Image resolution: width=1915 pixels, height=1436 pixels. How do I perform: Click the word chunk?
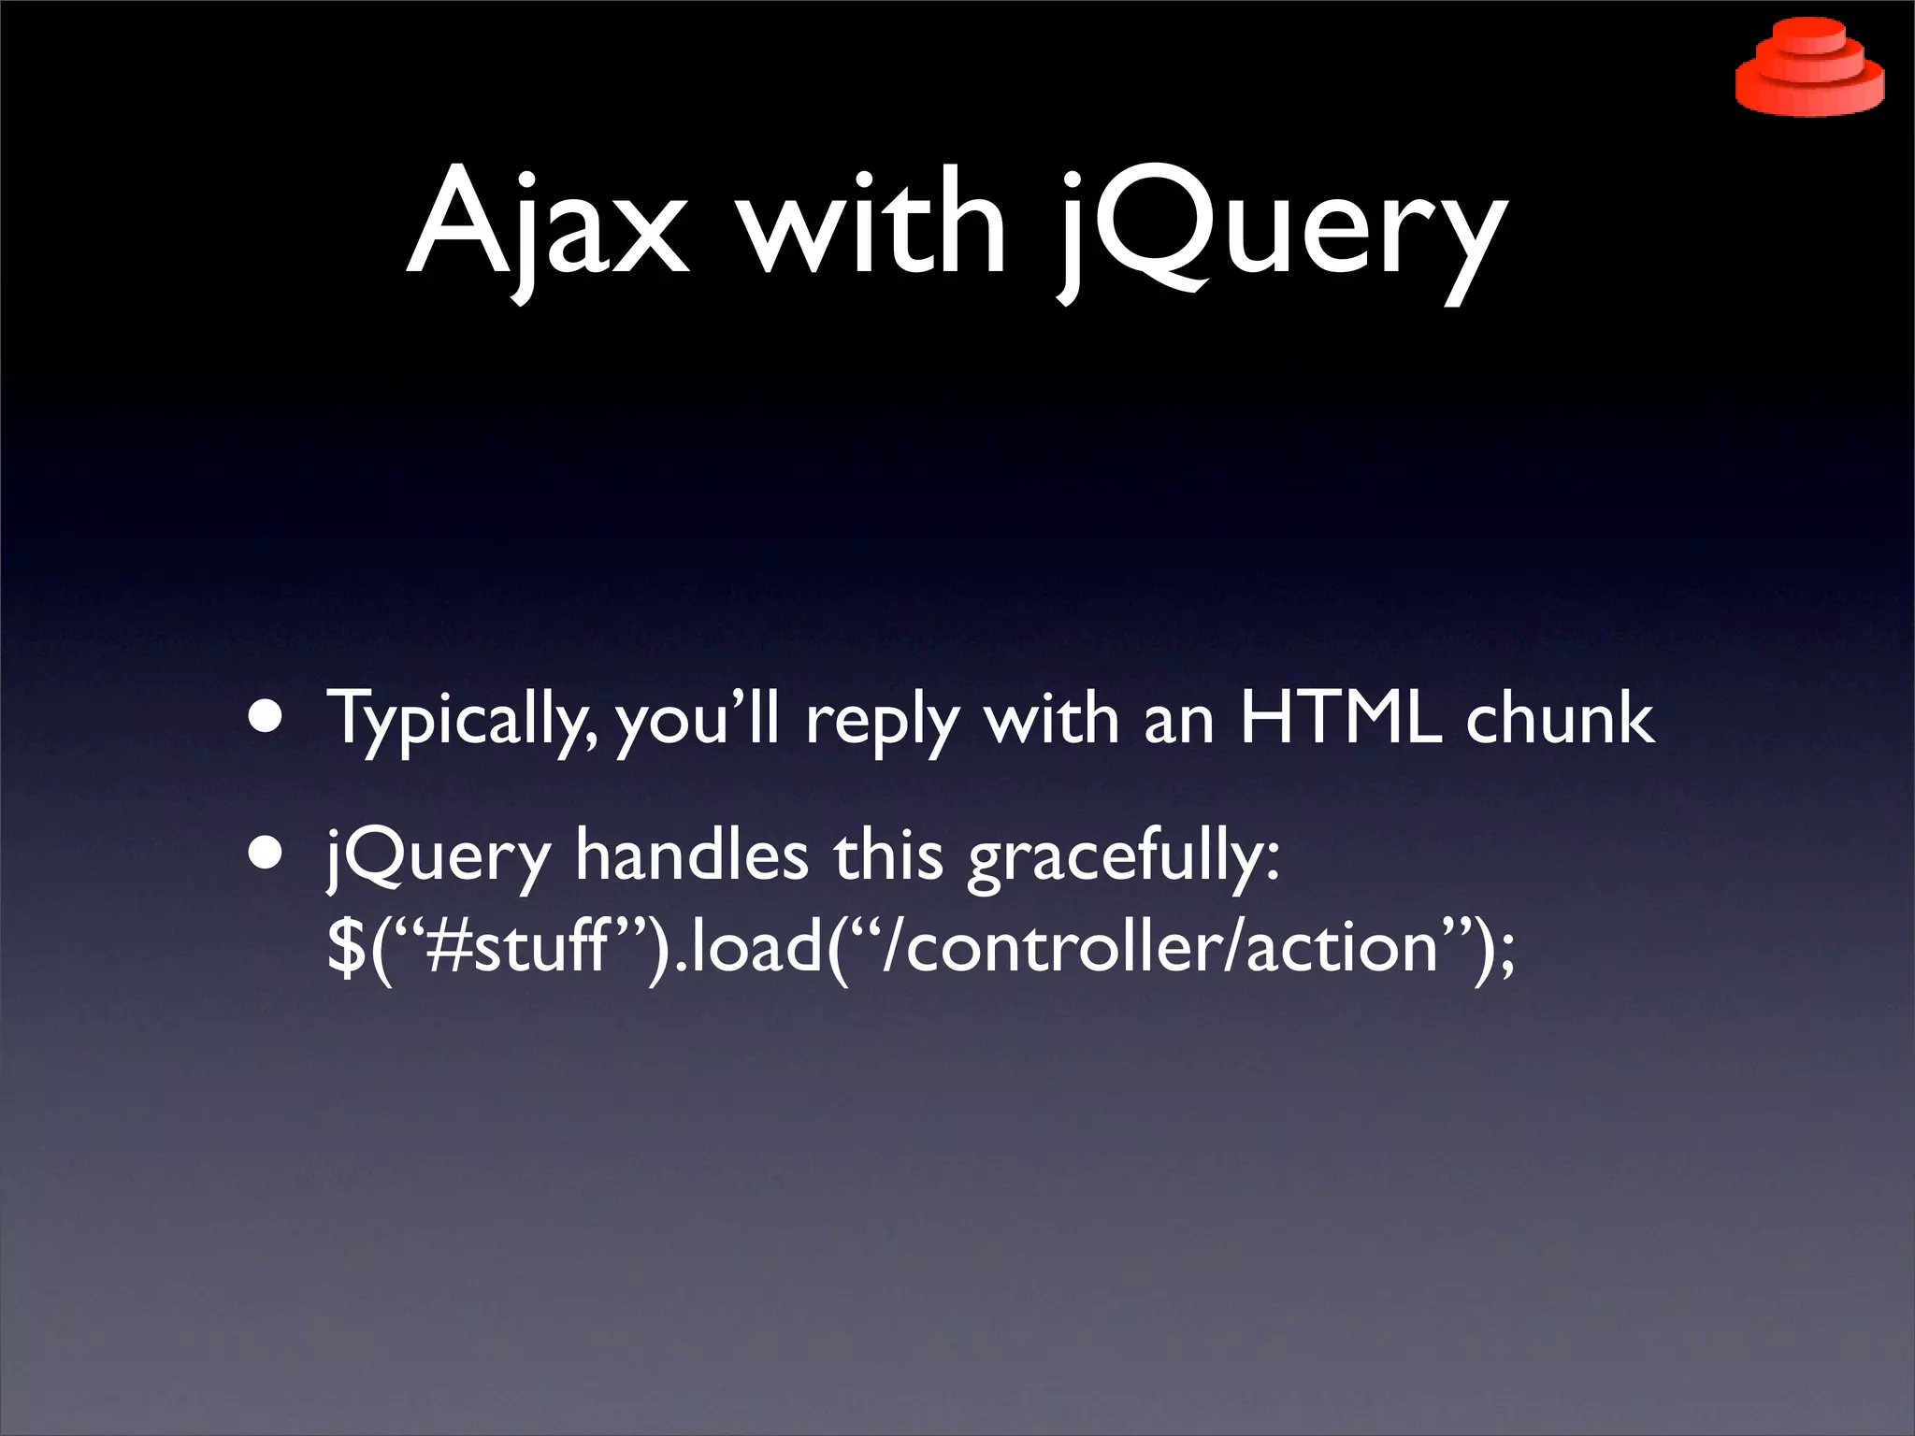point(1559,718)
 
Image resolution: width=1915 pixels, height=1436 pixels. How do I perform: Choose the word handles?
point(692,854)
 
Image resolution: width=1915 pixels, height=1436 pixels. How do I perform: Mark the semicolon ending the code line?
point(1505,954)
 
